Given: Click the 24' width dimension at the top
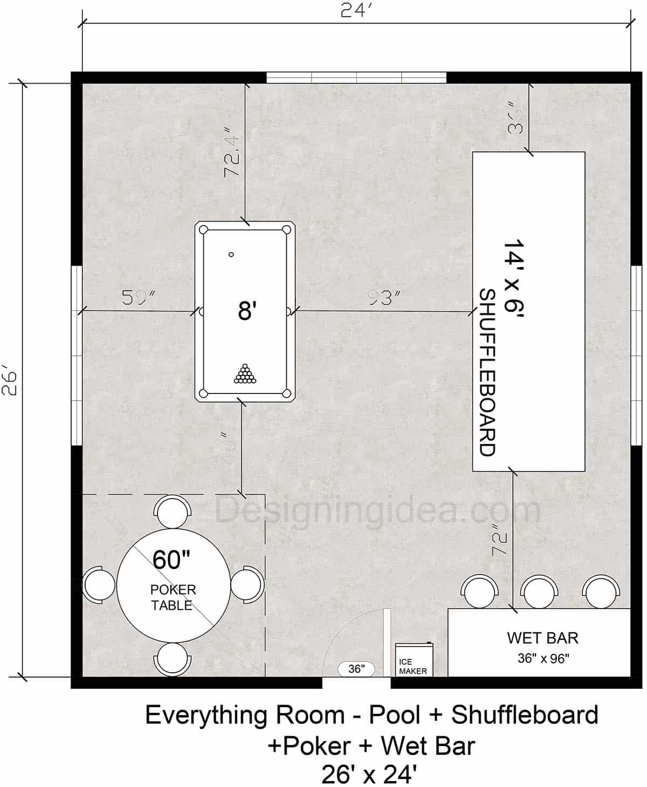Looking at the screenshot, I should [356, 11].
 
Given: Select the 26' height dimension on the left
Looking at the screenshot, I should [11, 381].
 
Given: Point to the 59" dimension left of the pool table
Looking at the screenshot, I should [138, 298].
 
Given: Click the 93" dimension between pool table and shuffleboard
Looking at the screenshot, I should [382, 298].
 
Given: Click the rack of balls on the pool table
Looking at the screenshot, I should [245, 374].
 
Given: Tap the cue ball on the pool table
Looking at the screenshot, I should [231, 254].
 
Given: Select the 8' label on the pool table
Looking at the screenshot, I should [245, 312].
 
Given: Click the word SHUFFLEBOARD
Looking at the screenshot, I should [487, 372].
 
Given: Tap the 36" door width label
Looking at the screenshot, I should [355, 669].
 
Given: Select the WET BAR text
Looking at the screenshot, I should [542, 638].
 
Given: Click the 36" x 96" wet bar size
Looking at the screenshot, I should [542, 658].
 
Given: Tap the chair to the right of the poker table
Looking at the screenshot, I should [247, 584].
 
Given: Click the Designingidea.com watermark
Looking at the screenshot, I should [377, 509].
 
